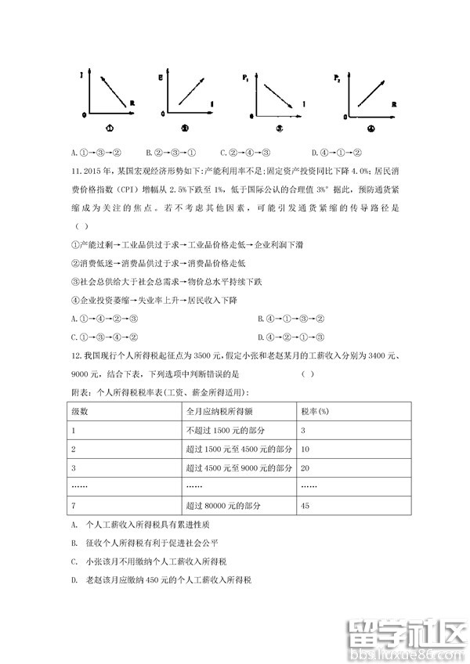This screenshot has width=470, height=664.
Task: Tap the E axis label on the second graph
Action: click(x=161, y=77)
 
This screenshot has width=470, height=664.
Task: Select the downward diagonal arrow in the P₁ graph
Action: click(x=277, y=94)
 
